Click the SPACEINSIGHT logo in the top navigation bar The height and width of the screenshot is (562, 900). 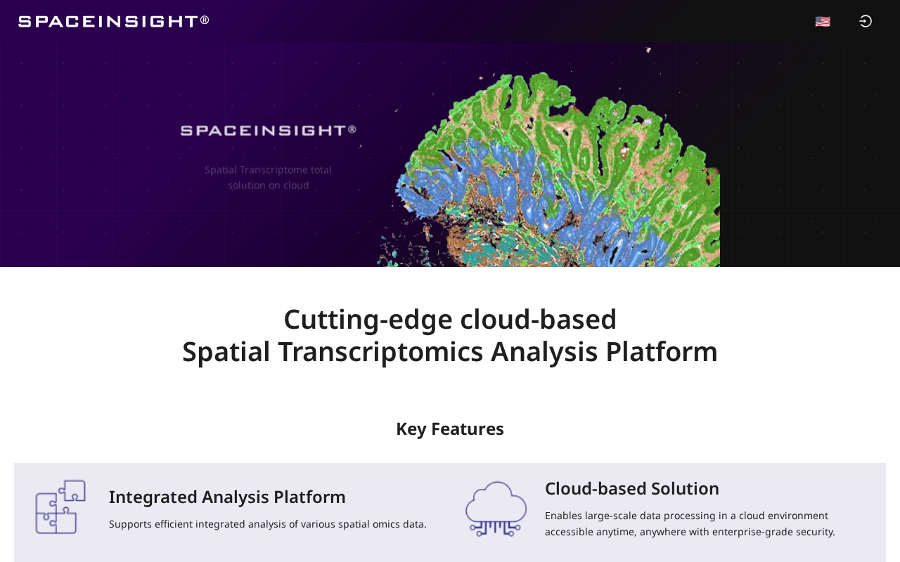click(x=114, y=21)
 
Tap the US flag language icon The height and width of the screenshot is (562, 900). click(x=823, y=21)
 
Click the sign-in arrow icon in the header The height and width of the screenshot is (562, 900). click(x=865, y=21)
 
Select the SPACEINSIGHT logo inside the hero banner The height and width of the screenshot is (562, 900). click(x=269, y=131)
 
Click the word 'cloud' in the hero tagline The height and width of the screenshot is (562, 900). click(x=296, y=185)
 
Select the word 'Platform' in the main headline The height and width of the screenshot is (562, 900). click(x=662, y=352)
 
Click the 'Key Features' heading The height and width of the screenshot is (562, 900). click(x=450, y=429)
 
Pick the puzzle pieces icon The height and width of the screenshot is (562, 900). click(x=60, y=507)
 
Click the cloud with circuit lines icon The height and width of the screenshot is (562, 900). click(x=496, y=509)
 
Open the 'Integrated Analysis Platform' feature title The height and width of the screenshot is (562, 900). click(x=227, y=497)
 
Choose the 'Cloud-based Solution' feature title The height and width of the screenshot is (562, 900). click(x=632, y=489)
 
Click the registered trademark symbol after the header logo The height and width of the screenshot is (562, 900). click(x=205, y=20)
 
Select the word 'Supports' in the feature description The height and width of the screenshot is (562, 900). click(x=130, y=525)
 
